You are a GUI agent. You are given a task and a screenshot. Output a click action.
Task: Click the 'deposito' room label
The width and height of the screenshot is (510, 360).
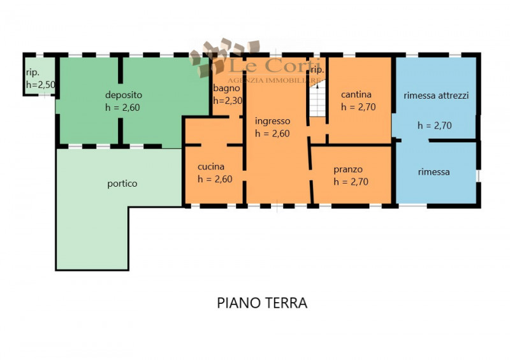(120, 95)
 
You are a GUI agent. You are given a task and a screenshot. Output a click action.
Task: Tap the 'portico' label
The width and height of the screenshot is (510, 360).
(122, 184)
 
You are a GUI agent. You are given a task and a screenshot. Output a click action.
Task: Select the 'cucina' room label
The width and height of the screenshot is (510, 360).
(210, 167)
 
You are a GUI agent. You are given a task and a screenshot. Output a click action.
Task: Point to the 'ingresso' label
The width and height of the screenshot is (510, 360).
(272, 121)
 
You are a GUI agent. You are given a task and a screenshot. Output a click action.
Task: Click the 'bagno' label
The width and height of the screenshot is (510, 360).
(226, 88)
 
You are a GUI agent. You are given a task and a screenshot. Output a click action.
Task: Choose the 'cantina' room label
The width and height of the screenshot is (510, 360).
(356, 94)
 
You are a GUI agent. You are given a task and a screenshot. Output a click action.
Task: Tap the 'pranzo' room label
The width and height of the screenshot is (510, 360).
(348, 169)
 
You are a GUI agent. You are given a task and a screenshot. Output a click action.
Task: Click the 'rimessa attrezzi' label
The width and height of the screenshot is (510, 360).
(436, 96)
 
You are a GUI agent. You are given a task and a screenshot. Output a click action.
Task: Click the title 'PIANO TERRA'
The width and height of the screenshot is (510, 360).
(262, 303)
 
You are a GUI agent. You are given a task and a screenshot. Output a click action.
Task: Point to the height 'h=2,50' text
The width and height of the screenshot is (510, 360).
(40, 84)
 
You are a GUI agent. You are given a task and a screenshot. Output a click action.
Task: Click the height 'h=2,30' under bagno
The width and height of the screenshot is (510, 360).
(228, 101)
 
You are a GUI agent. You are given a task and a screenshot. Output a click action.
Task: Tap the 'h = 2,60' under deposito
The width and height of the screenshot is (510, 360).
(122, 108)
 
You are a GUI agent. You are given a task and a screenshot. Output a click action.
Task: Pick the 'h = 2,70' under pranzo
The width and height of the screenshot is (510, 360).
(351, 182)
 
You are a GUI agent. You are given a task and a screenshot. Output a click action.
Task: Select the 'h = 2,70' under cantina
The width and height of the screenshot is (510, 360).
(358, 107)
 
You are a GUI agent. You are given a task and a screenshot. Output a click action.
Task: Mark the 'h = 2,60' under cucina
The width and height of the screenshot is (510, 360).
(215, 179)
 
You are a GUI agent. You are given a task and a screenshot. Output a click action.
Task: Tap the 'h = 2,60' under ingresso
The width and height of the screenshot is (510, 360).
(272, 134)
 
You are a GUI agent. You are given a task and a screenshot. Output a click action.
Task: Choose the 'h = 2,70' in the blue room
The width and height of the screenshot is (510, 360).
(435, 126)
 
